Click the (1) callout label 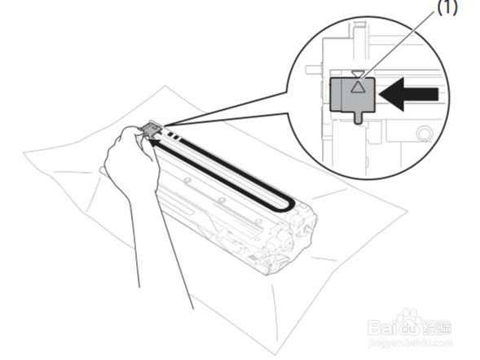click(x=447, y=7)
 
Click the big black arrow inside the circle click(x=408, y=94)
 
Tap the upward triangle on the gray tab click(x=357, y=87)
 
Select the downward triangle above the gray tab click(x=357, y=74)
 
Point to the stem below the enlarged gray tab click(x=359, y=118)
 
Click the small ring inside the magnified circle click(x=424, y=134)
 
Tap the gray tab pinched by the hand click(x=151, y=130)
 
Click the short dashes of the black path click(x=173, y=136)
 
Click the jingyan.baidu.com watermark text click(x=410, y=342)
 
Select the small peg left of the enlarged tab click(x=313, y=69)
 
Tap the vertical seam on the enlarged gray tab click(x=341, y=94)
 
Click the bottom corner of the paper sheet click(x=275, y=354)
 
